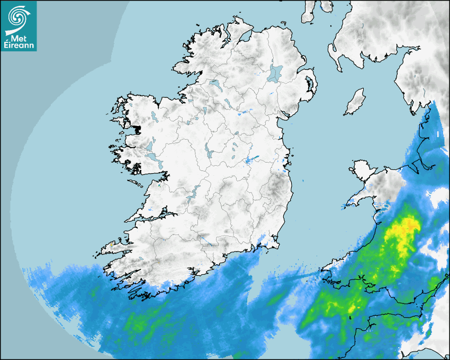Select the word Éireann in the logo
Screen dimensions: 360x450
click(19, 46)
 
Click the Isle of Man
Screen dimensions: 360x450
click(355, 102)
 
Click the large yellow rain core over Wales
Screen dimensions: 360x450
click(402, 230)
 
